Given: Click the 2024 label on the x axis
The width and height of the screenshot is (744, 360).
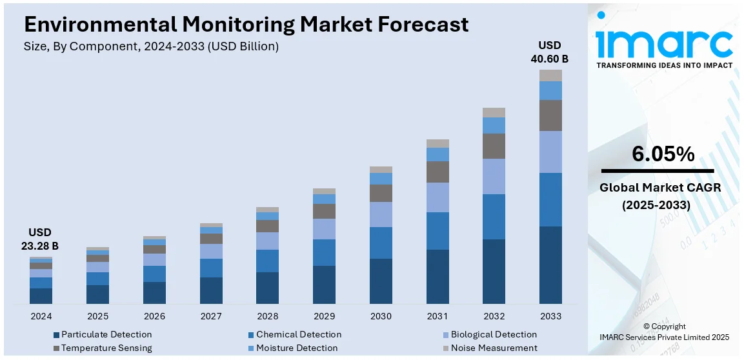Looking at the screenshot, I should click(41, 316).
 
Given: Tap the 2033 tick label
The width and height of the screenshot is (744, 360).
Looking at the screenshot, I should click(550, 316).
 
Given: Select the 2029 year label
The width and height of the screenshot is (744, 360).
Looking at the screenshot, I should click(324, 316).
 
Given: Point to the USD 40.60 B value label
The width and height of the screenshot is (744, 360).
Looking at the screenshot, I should click(550, 52).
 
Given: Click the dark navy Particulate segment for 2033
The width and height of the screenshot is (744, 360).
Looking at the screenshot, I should click(550, 265).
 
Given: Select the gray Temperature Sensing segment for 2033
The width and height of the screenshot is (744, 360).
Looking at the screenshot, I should click(550, 115).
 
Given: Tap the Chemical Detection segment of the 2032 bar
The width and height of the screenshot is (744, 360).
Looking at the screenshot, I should click(494, 217).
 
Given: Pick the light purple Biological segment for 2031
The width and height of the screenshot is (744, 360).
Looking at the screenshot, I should click(437, 197).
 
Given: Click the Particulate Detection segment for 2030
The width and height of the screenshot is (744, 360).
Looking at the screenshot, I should click(381, 281).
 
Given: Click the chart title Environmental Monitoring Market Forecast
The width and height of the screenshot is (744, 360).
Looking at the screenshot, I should click(246, 25).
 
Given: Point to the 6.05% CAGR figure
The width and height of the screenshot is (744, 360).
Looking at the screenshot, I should click(663, 154).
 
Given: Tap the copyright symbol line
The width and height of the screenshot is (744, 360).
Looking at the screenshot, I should click(665, 326).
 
